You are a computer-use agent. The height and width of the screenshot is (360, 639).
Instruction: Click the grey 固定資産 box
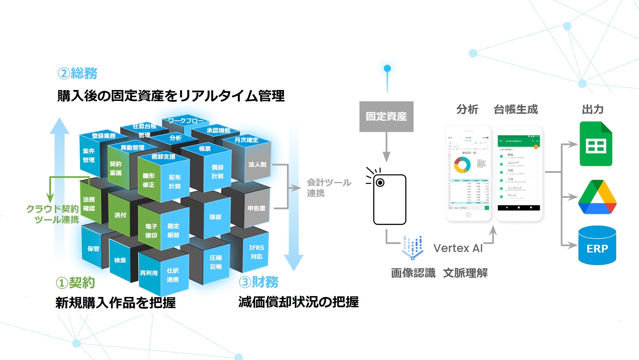[x=386, y=116]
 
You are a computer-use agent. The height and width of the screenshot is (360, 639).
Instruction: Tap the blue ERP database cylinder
[x=597, y=246]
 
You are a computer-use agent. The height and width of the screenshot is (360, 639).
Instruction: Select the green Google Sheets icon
[x=596, y=144]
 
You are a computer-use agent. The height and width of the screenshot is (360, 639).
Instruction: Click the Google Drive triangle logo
[x=597, y=198]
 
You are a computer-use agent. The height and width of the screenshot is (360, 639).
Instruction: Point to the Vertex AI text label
[x=458, y=248]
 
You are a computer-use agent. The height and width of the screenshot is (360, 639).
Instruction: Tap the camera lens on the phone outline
[x=380, y=183]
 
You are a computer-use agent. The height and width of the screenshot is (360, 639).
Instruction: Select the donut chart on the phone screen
[x=462, y=165]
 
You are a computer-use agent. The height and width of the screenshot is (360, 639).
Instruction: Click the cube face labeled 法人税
[x=257, y=165]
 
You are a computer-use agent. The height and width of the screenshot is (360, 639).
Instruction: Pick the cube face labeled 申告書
[x=256, y=208]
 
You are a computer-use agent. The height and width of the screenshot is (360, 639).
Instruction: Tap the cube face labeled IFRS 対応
[x=256, y=252]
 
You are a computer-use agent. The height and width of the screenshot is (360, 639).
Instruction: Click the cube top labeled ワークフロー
[x=186, y=121]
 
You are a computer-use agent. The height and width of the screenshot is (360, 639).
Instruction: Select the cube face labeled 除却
[x=215, y=217]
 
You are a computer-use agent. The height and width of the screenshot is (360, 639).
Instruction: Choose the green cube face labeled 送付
[x=120, y=215]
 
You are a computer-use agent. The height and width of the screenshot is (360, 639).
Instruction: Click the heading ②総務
[x=78, y=73]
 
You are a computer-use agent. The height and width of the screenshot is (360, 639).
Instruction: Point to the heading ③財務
[x=259, y=282]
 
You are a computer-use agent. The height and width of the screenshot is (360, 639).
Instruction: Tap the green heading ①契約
[x=75, y=283]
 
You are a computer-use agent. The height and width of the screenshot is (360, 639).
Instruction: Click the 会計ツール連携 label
[x=329, y=188]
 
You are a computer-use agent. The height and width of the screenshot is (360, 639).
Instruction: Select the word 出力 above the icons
[x=593, y=109]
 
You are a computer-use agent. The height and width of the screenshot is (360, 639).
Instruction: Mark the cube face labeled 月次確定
[x=246, y=140]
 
